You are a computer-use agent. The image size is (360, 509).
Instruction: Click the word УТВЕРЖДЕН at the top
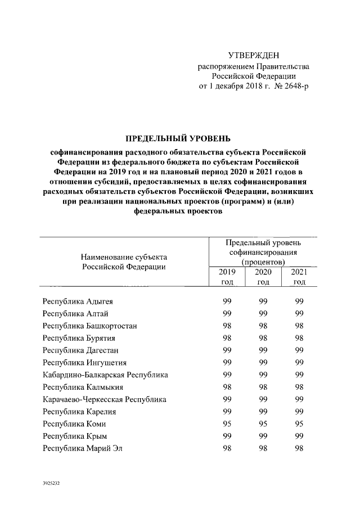[x=253, y=55]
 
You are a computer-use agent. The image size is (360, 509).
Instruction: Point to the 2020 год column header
[x=263, y=277]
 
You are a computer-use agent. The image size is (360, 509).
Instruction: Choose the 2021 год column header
[x=299, y=277]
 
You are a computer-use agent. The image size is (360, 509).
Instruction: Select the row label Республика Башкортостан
[x=89, y=326]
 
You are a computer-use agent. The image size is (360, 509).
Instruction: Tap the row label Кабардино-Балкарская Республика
[x=105, y=375]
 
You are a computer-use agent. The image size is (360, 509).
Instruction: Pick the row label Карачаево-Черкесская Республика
[x=105, y=399]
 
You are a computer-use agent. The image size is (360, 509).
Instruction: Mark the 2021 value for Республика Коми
[x=299, y=424]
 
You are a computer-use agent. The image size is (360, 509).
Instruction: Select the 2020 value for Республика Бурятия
[x=263, y=338]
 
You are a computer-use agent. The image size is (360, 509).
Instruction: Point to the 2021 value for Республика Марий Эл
[x=299, y=448]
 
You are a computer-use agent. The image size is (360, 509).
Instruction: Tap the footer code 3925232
[x=51, y=483]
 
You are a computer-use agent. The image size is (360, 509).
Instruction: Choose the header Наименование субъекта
[x=124, y=257]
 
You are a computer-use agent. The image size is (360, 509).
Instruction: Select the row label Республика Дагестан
[x=80, y=350]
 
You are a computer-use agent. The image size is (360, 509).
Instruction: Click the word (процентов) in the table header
[x=263, y=263]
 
